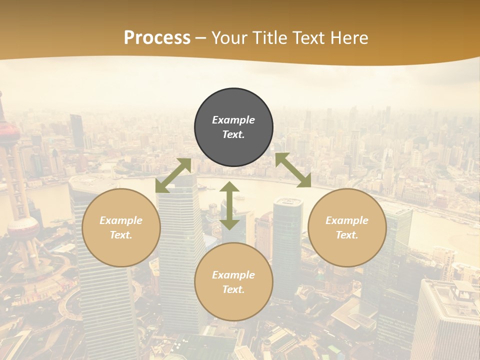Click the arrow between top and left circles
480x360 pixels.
[173, 175]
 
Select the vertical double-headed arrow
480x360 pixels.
[229, 205]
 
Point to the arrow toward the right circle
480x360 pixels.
[293, 170]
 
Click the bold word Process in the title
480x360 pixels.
[157, 37]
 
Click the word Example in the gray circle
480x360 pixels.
[233, 120]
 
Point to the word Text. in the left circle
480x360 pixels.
[121, 235]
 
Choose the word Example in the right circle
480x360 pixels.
[347, 220]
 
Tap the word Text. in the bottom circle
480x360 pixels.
[233, 289]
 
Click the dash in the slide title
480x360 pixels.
[201, 38]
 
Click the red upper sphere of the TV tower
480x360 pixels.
[9, 132]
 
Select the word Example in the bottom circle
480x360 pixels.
[233, 275]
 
